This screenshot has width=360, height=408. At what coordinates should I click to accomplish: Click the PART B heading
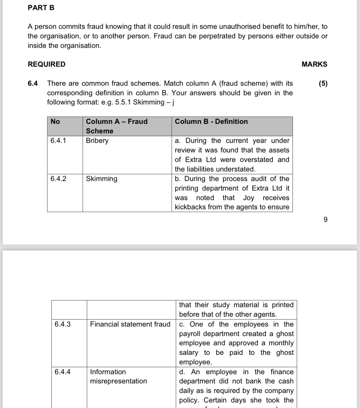click(41, 8)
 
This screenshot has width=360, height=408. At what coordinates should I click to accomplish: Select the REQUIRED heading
click(46, 64)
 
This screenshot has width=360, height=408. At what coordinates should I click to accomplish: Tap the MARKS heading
click(314, 64)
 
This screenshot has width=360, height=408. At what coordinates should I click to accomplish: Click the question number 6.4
click(33, 83)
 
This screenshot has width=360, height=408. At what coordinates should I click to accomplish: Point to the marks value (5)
click(323, 83)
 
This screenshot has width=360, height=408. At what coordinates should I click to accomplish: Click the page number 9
click(326, 220)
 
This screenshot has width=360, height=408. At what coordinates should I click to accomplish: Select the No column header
click(55, 121)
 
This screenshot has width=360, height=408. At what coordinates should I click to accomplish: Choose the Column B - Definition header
click(211, 121)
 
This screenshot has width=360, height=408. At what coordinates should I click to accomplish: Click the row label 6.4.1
click(58, 141)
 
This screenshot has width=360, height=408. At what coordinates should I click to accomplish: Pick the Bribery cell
click(97, 141)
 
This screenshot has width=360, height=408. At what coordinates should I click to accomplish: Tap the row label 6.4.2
click(58, 179)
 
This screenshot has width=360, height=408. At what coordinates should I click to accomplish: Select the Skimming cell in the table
click(102, 179)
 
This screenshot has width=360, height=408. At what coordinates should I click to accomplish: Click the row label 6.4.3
click(62, 324)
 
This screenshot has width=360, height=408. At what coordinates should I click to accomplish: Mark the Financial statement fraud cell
click(130, 324)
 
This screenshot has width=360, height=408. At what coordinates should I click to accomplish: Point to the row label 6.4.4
click(62, 372)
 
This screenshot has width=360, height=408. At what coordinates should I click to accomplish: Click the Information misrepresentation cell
click(118, 376)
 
